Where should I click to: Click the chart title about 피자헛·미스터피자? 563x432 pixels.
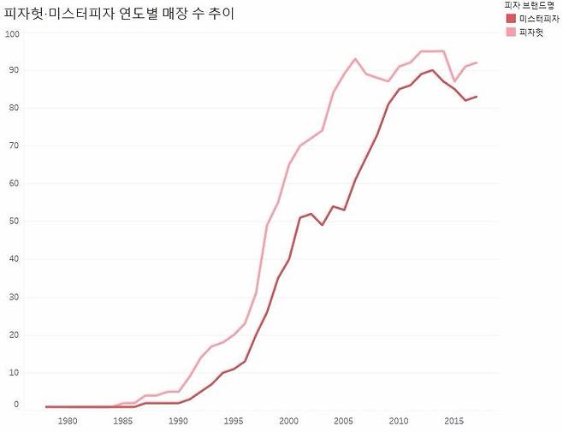(120, 14)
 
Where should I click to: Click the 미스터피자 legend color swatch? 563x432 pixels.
(511, 19)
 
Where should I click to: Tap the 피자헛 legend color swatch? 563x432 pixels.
(511, 32)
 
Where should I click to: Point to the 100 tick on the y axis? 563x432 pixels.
(12, 34)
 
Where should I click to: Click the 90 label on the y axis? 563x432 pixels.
(14, 71)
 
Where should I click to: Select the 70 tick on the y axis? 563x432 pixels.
(14, 146)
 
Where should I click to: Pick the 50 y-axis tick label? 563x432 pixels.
(14, 222)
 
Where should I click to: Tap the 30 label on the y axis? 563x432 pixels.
(14, 297)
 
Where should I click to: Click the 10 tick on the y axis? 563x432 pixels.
(14, 372)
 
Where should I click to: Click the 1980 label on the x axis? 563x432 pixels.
(68, 421)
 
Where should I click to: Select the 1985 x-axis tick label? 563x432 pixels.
(123, 421)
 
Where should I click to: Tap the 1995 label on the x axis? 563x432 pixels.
(234, 421)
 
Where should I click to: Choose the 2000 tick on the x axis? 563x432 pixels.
(288, 421)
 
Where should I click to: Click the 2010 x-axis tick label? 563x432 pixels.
(399, 421)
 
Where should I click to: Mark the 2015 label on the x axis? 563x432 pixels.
(453, 421)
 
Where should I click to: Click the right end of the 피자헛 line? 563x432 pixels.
(477, 62)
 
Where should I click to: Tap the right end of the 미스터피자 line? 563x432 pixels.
(477, 97)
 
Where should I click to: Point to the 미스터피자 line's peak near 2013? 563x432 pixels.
(432, 70)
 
